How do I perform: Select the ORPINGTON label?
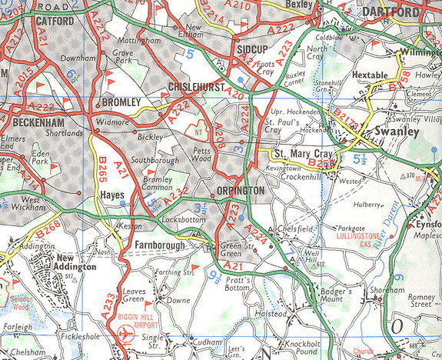(x=240, y=190)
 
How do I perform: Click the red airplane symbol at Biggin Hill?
(x=126, y=333)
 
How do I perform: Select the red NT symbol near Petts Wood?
(x=202, y=130)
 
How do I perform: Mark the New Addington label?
(x=75, y=262)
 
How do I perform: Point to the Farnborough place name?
(x=159, y=245)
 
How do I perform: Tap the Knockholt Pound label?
(x=304, y=344)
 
